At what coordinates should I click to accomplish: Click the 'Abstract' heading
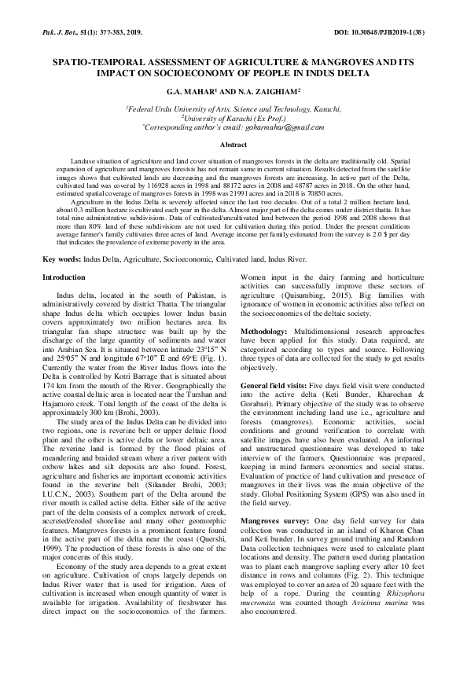pos(233,145)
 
